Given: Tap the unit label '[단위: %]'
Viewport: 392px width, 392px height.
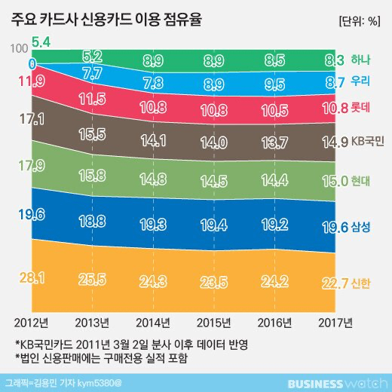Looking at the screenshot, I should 354,19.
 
